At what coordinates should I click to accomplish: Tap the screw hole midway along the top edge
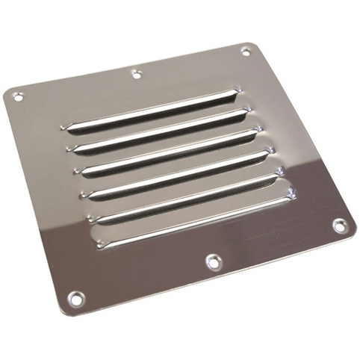point(136,73)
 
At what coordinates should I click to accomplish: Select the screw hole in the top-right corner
point(246,51)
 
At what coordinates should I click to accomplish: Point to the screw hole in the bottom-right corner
point(339,223)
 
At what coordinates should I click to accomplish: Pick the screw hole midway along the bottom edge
point(213,261)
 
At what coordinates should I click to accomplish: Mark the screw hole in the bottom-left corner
point(75,298)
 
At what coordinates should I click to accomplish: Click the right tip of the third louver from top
point(259,131)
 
